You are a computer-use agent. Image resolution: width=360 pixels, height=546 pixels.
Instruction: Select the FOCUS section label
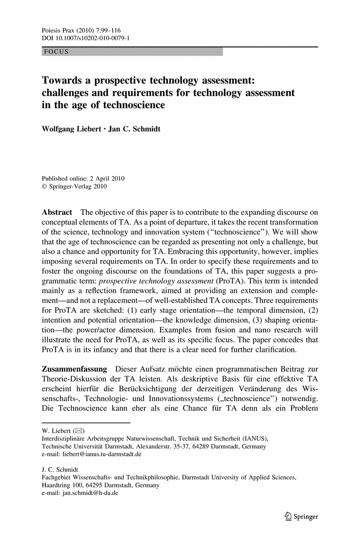[x=56, y=52]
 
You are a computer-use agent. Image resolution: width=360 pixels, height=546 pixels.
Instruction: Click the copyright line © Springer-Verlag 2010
[x=74, y=186]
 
